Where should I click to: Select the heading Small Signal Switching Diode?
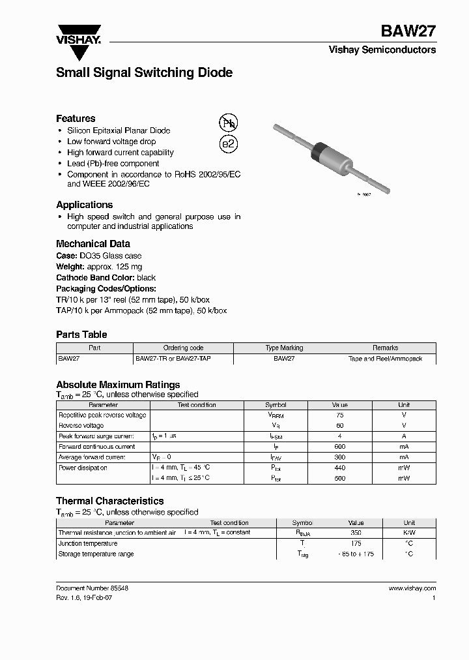(x=144, y=73)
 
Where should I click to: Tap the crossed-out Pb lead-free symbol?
(x=228, y=123)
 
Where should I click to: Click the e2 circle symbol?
(x=228, y=144)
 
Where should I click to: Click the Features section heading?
(x=76, y=119)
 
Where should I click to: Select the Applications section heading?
(x=84, y=205)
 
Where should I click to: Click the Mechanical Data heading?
(x=92, y=244)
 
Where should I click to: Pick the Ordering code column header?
(x=183, y=348)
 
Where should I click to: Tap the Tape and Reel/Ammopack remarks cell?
(x=385, y=359)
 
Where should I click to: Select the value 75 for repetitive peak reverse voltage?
(x=339, y=415)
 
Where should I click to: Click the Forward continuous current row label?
(x=97, y=447)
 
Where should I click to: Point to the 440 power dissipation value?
(x=339, y=468)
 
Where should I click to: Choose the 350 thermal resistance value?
(x=356, y=533)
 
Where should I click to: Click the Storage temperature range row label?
(x=96, y=554)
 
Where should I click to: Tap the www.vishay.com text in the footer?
(x=412, y=588)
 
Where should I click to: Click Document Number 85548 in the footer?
(x=92, y=588)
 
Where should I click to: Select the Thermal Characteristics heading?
(x=109, y=501)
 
